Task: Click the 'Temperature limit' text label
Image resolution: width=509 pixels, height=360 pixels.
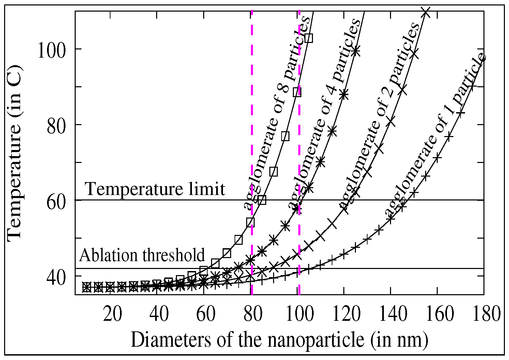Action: click(x=155, y=189)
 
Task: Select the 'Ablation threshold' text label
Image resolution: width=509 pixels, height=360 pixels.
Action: click(x=143, y=255)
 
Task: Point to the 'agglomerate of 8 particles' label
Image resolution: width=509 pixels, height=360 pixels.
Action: click(x=276, y=112)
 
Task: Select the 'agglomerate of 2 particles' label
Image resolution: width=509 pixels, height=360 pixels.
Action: click(x=378, y=116)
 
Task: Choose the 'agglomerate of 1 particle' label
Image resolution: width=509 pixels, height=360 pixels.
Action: click(x=435, y=135)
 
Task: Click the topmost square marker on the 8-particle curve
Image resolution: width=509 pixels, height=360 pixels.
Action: click(x=309, y=38)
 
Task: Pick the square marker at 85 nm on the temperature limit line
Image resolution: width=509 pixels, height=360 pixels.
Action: click(x=262, y=200)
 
